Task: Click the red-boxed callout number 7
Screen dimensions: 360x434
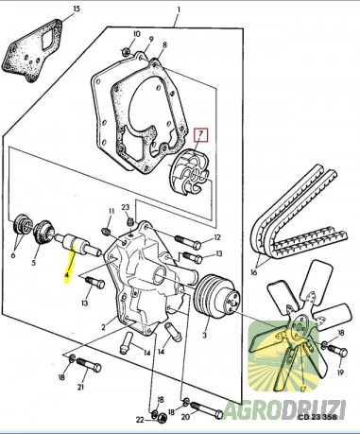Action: [x=201, y=135]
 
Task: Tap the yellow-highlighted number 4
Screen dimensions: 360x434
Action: [x=66, y=275]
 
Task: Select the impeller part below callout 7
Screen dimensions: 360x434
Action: [x=189, y=172]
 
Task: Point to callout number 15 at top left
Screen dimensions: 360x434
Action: [x=77, y=9]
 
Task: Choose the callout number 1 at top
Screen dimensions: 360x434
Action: [x=179, y=9]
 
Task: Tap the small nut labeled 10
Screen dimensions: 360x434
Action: [x=127, y=51]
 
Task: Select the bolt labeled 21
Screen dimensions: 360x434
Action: [x=89, y=365]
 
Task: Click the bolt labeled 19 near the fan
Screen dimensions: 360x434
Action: [x=338, y=350]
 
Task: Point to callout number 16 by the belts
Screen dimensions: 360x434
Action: [x=254, y=271]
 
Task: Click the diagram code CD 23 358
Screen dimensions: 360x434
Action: [x=317, y=417]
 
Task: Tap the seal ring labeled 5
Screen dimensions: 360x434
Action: [x=43, y=233]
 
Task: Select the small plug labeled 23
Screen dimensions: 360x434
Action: [x=130, y=222]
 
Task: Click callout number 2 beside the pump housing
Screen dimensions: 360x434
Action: [x=103, y=327]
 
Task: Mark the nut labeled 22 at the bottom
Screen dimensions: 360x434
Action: [x=162, y=418]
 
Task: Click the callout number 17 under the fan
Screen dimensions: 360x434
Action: [x=302, y=390]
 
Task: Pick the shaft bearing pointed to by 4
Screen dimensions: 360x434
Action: [x=77, y=245]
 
